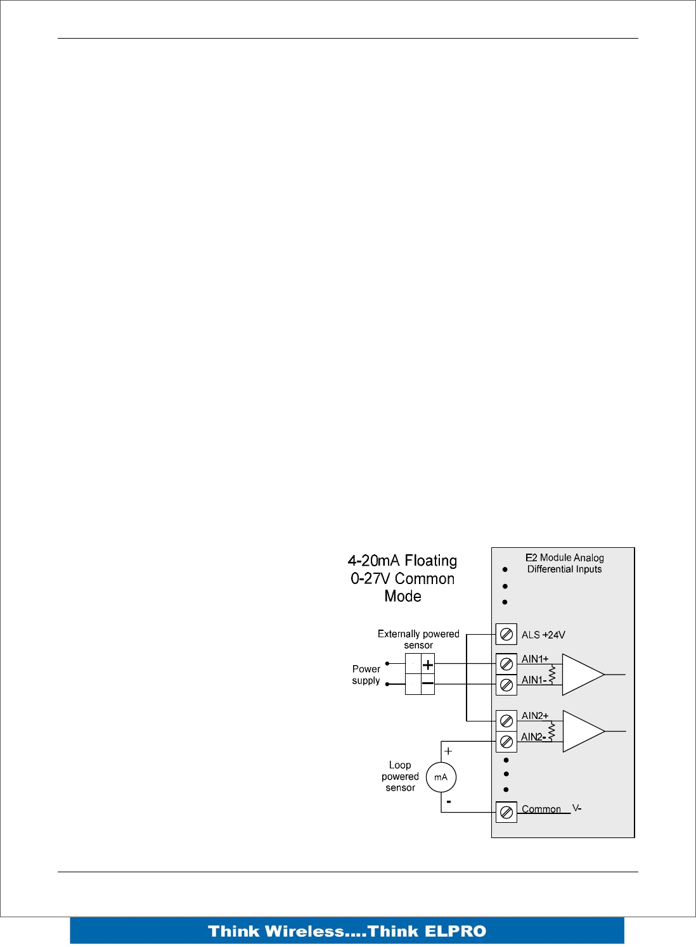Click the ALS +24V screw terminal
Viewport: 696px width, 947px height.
pyautogui.click(x=506, y=634)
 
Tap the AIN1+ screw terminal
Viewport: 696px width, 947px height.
pyautogui.click(x=506, y=664)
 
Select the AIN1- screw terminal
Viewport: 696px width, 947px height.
pyautogui.click(x=506, y=685)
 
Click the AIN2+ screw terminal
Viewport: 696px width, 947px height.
pyautogui.click(x=506, y=721)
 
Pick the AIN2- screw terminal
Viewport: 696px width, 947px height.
pyautogui.click(x=506, y=741)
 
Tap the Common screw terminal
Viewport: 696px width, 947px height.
pyautogui.click(x=506, y=812)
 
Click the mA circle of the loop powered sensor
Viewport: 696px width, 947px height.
pyautogui.click(x=441, y=777)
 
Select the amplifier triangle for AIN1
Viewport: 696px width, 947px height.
pyautogui.click(x=581, y=675)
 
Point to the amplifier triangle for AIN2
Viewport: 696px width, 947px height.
pyautogui.click(x=581, y=731)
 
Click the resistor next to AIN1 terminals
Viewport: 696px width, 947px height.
pyautogui.click(x=551, y=674)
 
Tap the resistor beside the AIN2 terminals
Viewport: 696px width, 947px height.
pyautogui.click(x=551, y=731)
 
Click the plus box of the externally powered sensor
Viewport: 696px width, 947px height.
pyautogui.click(x=428, y=664)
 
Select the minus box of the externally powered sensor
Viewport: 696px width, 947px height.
pyautogui.click(x=428, y=684)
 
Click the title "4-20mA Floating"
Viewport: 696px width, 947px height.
pyautogui.click(x=403, y=561)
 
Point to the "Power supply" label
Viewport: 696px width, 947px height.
pyautogui.click(x=366, y=675)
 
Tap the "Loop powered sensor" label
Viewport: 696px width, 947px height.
pyautogui.click(x=400, y=777)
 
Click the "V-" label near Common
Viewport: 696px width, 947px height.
pyautogui.click(x=577, y=808)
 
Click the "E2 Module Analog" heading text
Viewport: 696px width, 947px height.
pyautogui.click(x=564, y=557)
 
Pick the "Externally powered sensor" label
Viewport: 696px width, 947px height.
pyautogui.click(x=418, y=639)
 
